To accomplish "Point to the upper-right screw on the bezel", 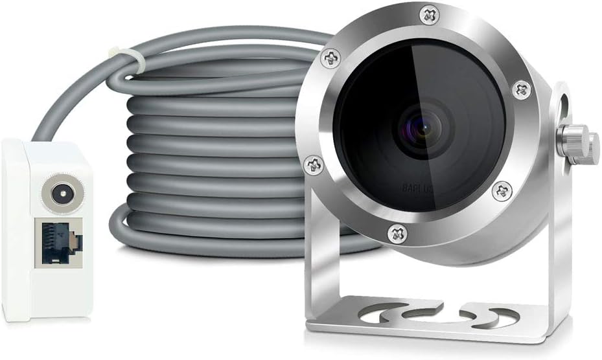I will [520, 89].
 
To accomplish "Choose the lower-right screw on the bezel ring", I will [501, 190].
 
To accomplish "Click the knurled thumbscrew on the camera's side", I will [579, 143].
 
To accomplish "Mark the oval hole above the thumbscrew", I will [562, 103].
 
